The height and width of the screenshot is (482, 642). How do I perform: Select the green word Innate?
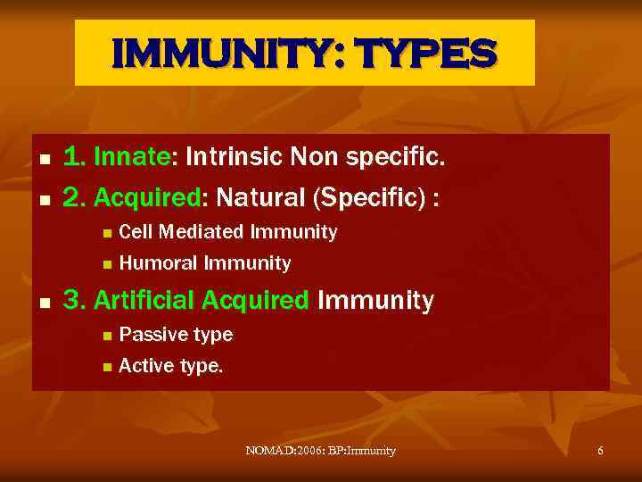(131, 158)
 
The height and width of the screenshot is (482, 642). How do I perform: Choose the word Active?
(143, 365)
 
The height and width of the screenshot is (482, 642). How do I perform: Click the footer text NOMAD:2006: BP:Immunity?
(320, 451)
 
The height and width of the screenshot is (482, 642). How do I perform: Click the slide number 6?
(600, 451)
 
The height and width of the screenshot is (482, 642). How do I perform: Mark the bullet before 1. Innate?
(45, 160)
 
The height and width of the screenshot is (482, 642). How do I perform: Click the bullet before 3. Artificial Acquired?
(45, 303)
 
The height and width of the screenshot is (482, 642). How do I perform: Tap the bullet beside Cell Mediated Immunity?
(106, 234)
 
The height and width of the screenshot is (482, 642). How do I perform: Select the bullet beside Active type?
(106, 367)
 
